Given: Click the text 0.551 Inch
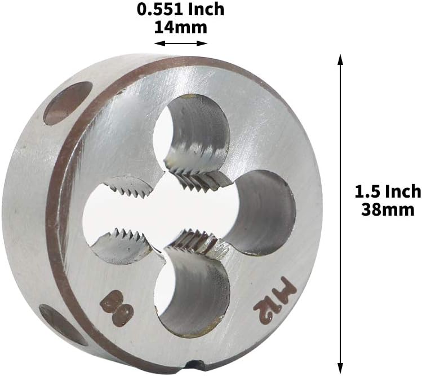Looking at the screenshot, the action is click(x=181, y=10).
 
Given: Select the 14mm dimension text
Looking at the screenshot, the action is click(x=181, y=27).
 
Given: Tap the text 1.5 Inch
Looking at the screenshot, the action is click(x=388, y=191).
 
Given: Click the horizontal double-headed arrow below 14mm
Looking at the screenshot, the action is click(x=181, y=43).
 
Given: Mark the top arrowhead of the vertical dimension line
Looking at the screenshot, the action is click(x=340, y=59).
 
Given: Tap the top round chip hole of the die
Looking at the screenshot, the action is click(x=192, y=130).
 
